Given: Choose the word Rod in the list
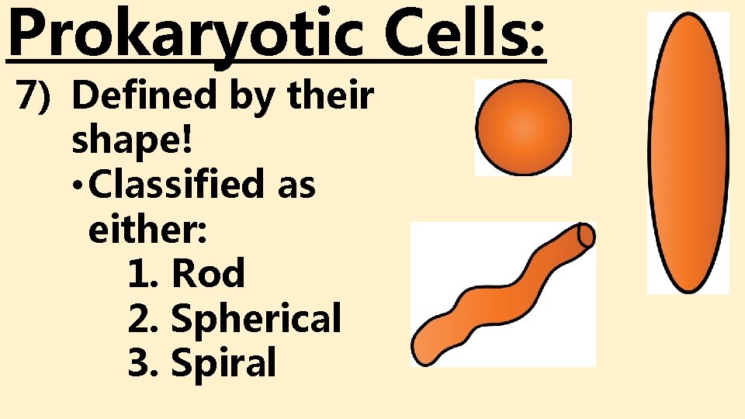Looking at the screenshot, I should [x=208, y=273].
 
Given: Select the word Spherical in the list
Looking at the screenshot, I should [x=255, y=318].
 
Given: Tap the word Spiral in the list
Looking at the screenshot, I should [x=223, y=362].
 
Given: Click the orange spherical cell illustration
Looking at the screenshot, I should [x=523, y=127].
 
